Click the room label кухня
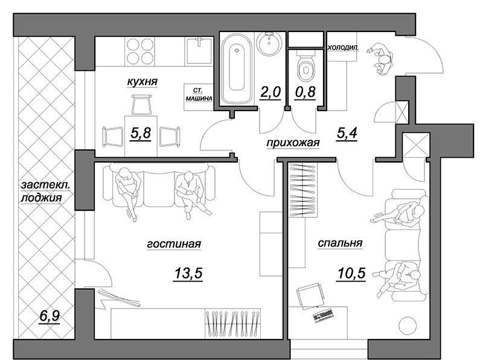pos(142,82)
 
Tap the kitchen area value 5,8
pos(141,133)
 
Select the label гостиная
pos(174,244)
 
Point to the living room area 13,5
pos(188,273)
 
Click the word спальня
pos(340,243)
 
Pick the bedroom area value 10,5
pos(351,273)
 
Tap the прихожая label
pos(293,143)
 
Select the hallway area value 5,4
pos(347,133)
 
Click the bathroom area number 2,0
pos(270,92)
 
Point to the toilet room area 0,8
pos(305,92)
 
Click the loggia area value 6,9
pos(50,316)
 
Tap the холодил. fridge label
pos(343,48)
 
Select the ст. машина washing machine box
pos(199,97)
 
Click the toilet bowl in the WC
pos(306,67)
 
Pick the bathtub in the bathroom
pos(237,69)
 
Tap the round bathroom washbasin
pos(269,43)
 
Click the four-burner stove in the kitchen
pos(140,51)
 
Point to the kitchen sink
pos(199,51)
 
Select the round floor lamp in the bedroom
pos(408,325)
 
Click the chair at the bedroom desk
pos(310,295)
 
